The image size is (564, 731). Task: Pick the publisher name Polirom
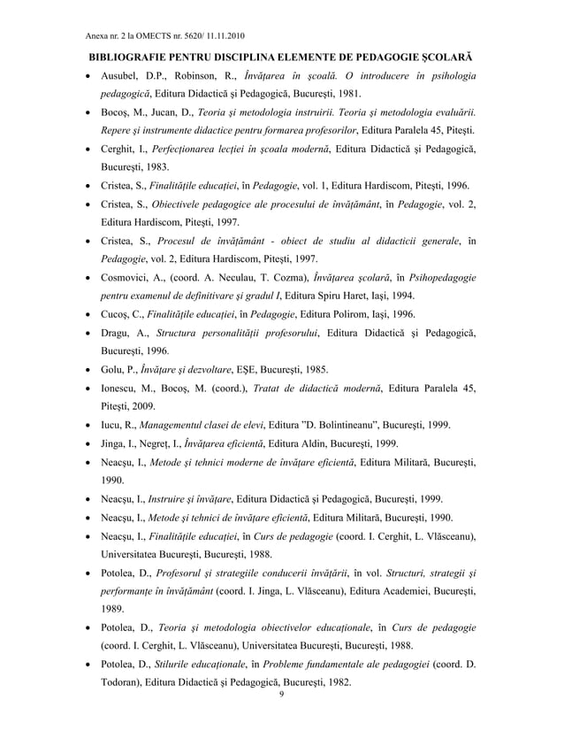point(330,313)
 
